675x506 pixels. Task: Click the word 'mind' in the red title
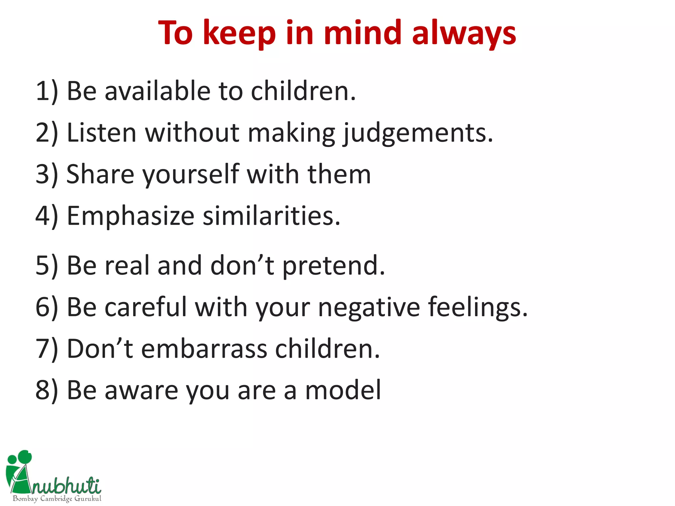point(363,33)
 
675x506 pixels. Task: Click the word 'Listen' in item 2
point(102,132)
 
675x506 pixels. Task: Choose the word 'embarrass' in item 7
point(204,349)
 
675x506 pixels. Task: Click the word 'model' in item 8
point(343,390)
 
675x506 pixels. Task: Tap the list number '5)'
point(46,266)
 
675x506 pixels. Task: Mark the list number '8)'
point(46,390)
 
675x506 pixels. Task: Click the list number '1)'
point(46,91)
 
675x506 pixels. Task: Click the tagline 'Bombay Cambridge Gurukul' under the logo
point(57,499)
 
